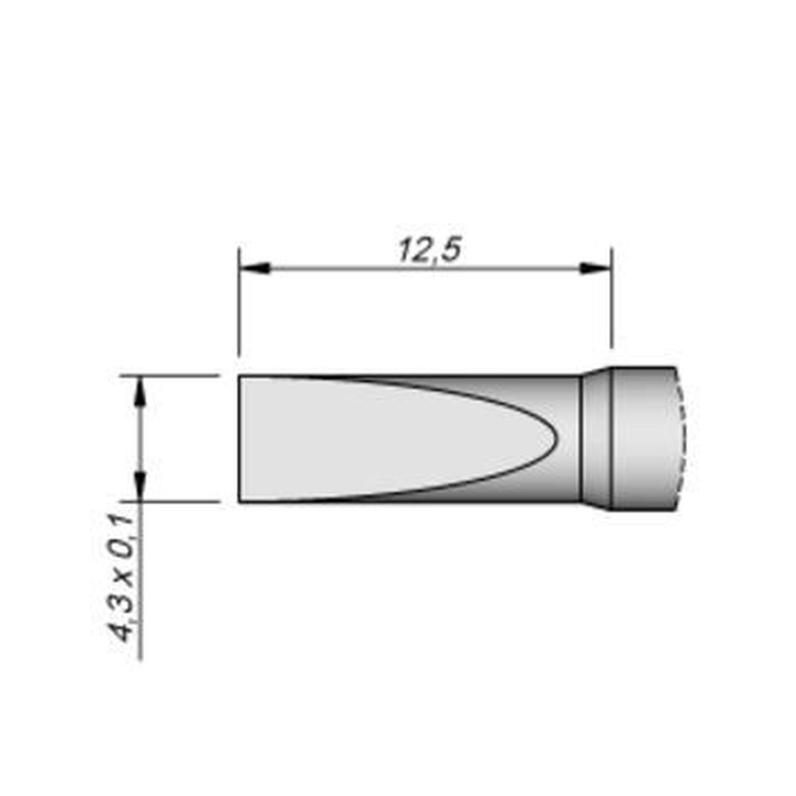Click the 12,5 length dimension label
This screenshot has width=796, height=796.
[x=430, y=251]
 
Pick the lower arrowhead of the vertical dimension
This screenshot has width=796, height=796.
[x=141, y=485]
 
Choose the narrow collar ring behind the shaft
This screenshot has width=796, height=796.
[x=596, y=438]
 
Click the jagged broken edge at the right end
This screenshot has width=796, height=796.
[x=681, y=438]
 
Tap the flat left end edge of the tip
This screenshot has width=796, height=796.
[x=240, y=439]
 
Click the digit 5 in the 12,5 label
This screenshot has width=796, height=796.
[x=451, y=251]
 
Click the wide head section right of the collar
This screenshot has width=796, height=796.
[x=643, y=438]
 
